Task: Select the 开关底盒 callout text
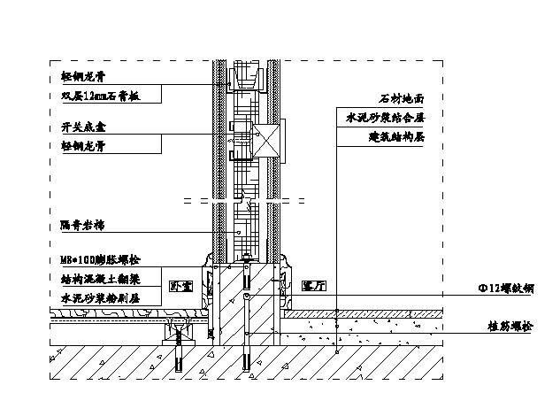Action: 78,127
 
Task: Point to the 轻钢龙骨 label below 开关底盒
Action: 78,145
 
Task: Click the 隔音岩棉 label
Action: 78,225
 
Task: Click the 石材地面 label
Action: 400,100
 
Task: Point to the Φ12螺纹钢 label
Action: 505,288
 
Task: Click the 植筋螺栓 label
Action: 510,327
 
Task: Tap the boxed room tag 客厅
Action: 313,287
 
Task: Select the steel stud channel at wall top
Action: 247,78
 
